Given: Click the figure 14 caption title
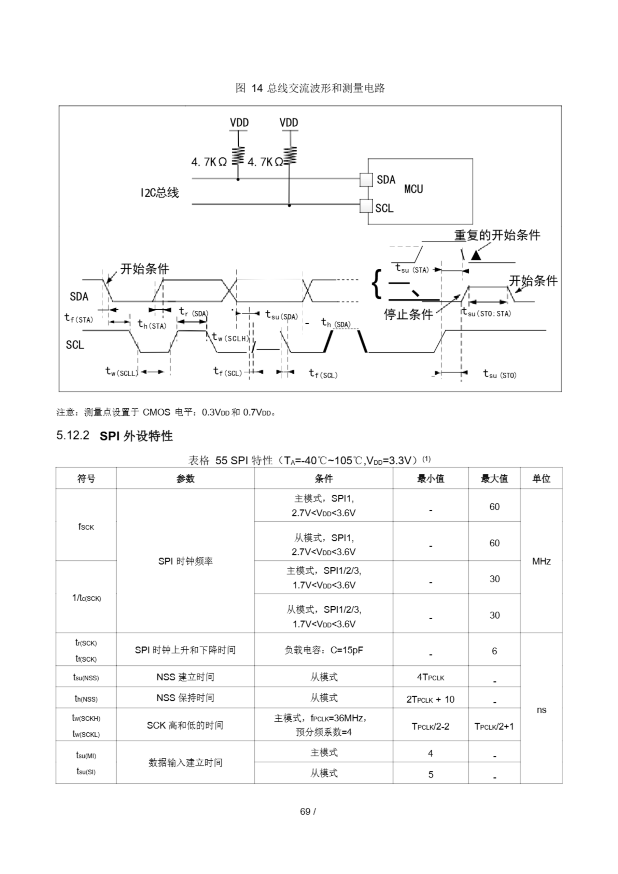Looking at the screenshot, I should tap(310, 88).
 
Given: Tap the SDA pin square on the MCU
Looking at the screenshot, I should tap(366, 180).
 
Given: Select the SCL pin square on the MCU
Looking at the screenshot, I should tap(366, 206).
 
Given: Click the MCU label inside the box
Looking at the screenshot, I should tap(413, 189).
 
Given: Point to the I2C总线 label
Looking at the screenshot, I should tap(159, 193).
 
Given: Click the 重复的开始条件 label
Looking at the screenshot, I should tap(497, 235).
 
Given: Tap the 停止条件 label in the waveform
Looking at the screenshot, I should tap(408, 314).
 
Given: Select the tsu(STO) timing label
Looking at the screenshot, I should tap(500, 375).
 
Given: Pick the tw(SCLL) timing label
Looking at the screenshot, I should tap(122, 371).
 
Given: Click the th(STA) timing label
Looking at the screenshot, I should tap(152, 325).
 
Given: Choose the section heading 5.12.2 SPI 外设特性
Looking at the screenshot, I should tap(115, 436).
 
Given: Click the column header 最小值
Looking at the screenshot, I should tap(430, 479).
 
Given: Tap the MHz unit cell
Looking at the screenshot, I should tap(541, 561).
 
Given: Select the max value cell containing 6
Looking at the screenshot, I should tap(494, 651).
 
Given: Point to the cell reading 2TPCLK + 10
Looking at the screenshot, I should tap(430, 699).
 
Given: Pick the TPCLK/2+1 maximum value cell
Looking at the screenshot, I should tap(494, 726).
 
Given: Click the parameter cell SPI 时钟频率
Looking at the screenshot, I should tap(185, 561).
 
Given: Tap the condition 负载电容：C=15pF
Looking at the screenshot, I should tap(324, 650).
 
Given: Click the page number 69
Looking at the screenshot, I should tap(305, 811).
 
